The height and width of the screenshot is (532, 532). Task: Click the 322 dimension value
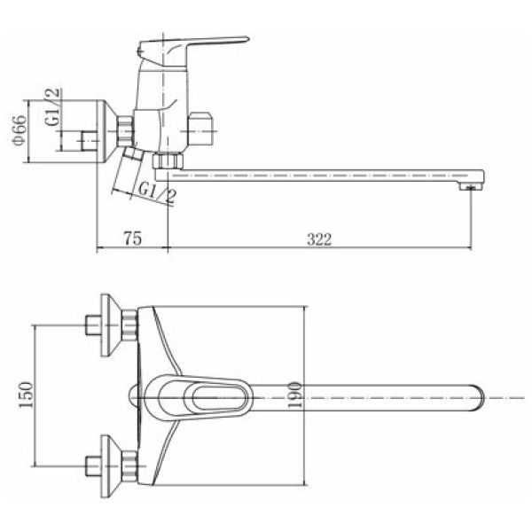click(x=319, y=239)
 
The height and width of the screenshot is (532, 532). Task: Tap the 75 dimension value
click(x=133, y=239)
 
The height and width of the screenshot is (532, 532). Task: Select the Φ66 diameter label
click(x=20, y=130)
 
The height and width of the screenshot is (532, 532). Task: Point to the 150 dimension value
click(x=27, y=395)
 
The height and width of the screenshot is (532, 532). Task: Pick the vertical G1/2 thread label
click(x=53, y=106)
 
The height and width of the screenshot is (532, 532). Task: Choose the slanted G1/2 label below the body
click(x=158, y=192)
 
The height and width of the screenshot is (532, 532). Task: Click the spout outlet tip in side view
click(x=470, y=186)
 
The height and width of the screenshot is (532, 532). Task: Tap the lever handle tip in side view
click(x=247, y=39)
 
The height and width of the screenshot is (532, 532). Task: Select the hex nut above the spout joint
click(x=168, y=160)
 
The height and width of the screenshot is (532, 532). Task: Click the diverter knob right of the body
click(x=202, y=129)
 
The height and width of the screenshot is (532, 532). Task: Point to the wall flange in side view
click(x=106, y=131)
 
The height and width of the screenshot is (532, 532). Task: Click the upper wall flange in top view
click(x=111, y=325)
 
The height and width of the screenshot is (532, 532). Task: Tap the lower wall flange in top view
click(x=111, y=466)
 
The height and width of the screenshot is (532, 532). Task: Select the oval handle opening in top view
click(x=219, y=397)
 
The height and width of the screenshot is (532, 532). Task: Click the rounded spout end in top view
click(x=479, y=397)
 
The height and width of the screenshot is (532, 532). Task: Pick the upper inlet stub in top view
click(x=93, y=325)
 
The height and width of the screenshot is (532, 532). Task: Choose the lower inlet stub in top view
click(x=93, y=466)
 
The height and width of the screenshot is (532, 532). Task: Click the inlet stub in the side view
click(x=90, y=140)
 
